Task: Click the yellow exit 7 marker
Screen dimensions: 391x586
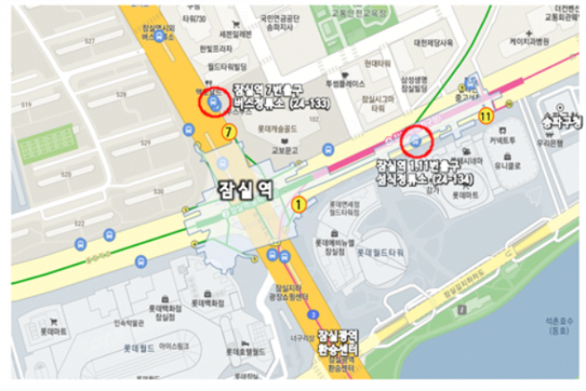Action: (229, 132)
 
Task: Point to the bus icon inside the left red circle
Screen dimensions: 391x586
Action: (213, 104)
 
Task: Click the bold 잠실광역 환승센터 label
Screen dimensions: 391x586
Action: (338, 341)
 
